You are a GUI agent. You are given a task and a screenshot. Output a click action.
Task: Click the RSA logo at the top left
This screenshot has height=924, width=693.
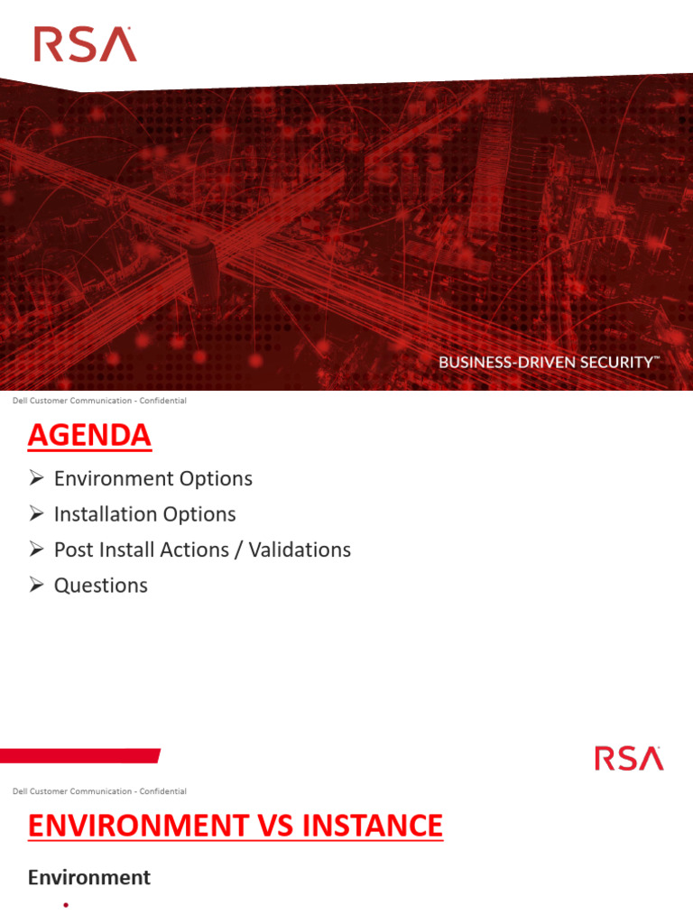85,44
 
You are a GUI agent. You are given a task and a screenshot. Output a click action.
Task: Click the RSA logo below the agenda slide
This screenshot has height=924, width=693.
629,758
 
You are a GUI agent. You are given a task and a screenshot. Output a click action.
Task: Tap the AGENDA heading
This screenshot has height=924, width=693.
89,436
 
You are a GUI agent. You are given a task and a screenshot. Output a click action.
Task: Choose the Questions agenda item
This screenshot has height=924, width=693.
100,586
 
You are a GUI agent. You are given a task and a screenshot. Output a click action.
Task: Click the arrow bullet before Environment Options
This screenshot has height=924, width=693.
36,478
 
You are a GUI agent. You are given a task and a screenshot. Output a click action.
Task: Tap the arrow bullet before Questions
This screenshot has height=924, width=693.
36,586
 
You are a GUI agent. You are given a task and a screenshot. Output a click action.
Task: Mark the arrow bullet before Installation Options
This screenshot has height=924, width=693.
36,514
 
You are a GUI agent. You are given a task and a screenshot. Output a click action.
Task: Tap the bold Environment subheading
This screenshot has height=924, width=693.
89,877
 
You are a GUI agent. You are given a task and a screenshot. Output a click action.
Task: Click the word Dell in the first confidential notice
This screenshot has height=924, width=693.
19,401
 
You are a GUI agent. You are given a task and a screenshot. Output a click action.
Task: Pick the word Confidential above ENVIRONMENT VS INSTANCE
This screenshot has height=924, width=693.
162,791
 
